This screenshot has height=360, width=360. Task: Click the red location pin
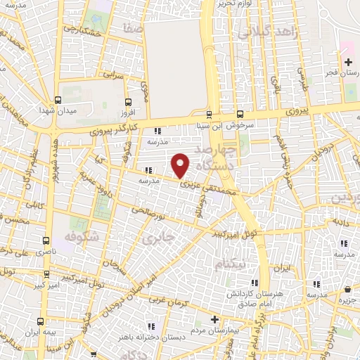181,165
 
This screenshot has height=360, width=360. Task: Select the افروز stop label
127,112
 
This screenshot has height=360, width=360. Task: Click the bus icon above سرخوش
240,112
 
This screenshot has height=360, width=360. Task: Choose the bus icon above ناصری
46,240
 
